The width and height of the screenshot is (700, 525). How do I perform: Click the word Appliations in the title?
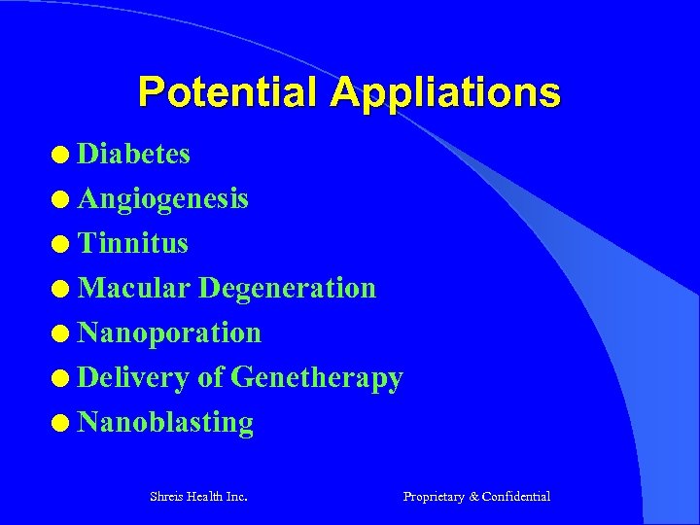[445, 92]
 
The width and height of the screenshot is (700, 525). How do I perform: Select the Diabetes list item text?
[134, 154]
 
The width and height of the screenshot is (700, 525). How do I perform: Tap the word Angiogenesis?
[163, 198]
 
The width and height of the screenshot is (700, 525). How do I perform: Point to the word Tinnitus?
[133, 243]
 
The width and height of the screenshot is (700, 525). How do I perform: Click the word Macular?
[134, 288]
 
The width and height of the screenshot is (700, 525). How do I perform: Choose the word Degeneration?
[287, 288]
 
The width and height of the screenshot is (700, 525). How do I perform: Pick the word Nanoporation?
[169, 332]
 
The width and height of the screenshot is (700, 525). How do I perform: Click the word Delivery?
[133, 377]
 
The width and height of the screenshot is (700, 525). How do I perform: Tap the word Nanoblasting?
[165, 422]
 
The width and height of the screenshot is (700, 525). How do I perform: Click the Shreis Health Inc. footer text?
[198, 497]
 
